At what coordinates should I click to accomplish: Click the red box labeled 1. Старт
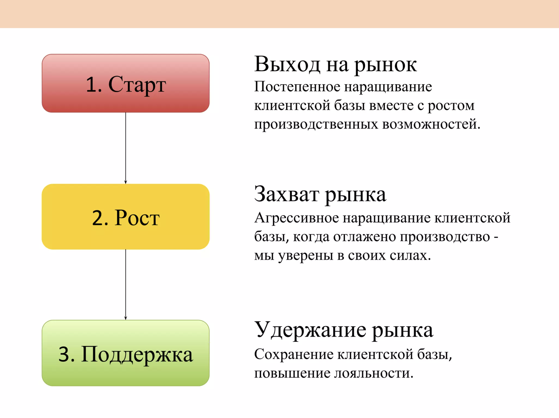coord(126,83)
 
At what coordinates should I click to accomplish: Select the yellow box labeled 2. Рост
coord(126,217)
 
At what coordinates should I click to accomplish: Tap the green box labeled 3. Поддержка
coord(126,353)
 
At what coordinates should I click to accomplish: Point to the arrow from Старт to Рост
coord(126,148)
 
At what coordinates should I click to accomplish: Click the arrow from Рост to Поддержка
coord(126,284)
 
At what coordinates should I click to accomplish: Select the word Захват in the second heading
coord(287,194)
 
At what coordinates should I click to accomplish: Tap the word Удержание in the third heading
coord(310,330)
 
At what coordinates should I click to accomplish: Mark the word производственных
coord(316,125)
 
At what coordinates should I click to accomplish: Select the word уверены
coord(306,256)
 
